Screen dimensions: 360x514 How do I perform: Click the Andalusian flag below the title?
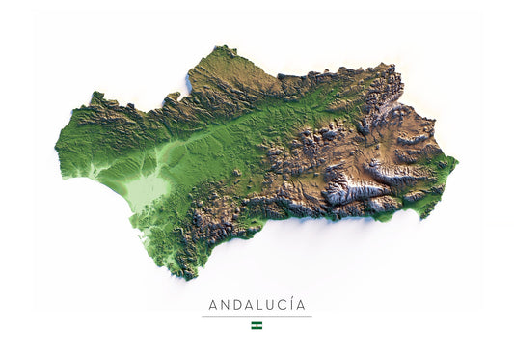tap(257, 325)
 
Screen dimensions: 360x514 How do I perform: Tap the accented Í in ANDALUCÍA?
tap(295, 305)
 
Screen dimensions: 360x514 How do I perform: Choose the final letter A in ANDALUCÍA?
tap(305, 306)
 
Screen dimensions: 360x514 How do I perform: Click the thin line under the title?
tap(257, 316)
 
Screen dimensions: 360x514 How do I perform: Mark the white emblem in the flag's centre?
tap(257, 325)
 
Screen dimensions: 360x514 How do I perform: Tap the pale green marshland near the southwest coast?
tap(146, 192)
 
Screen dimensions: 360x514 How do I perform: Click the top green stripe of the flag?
tap(257, 323)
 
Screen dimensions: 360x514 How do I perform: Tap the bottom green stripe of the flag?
tap(257, 328)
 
